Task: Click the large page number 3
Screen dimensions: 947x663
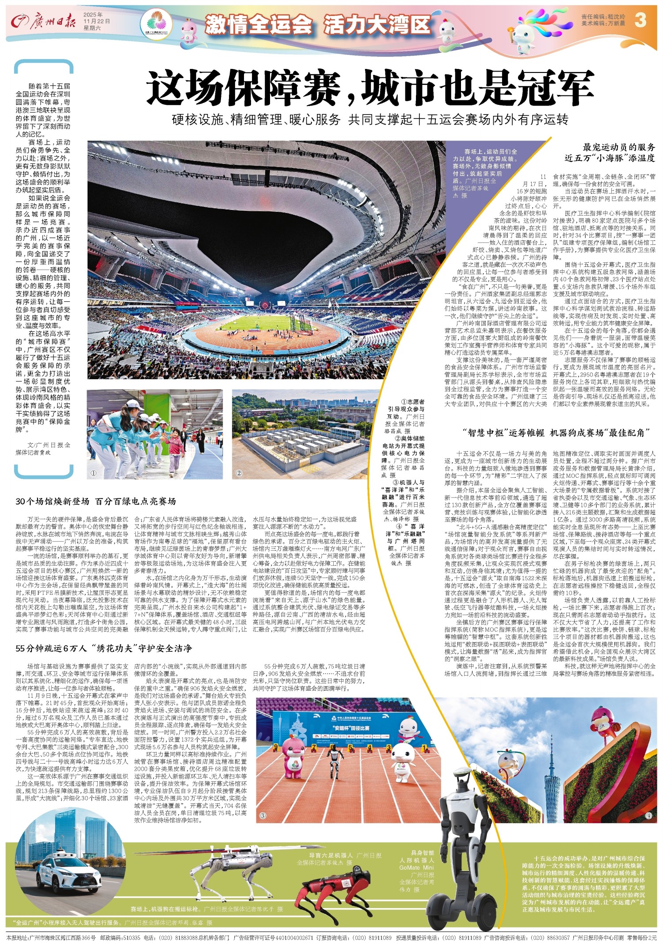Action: (x=640, y=20)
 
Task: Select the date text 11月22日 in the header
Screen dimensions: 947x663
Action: (x=96, y=21)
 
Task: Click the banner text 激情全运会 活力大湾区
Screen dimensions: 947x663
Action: (x=317, y=24)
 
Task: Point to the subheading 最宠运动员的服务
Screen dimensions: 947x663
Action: (x=619, y=148)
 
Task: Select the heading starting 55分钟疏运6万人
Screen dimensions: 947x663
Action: (x=103, y=648)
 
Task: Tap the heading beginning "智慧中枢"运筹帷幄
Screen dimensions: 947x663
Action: (x=557, y=433)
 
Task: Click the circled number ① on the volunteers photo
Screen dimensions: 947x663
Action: (x=93, y=473)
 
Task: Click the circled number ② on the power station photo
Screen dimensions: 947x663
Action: (x=239, y=473)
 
